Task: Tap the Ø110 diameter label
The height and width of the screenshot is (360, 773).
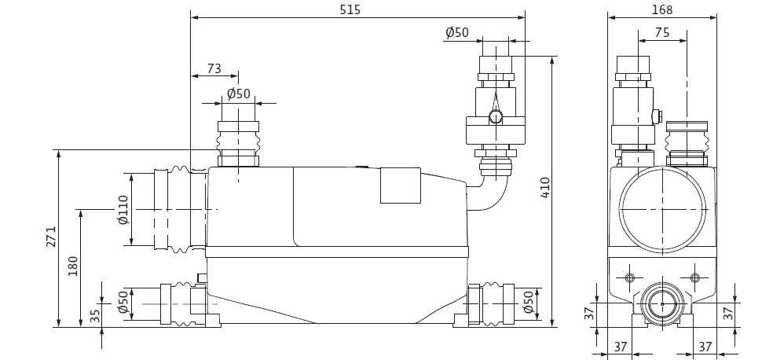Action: point(123,210)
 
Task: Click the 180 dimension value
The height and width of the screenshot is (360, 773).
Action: point(74,267)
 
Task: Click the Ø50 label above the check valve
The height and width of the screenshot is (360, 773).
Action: point(457,32)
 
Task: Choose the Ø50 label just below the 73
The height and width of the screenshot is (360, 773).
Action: point(238,94)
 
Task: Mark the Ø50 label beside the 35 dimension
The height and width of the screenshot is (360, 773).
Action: point(123,302)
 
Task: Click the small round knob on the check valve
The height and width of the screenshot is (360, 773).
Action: point(495,118)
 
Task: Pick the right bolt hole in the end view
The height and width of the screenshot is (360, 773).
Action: point(694,277)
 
